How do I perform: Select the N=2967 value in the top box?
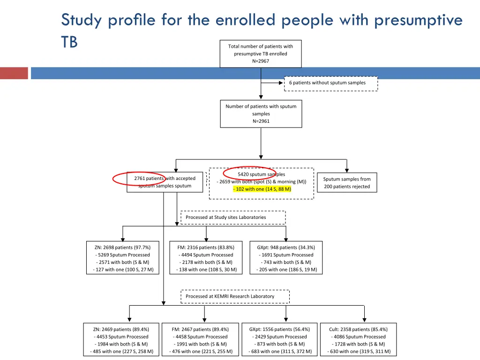(x=261, y=61)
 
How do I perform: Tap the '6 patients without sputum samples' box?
(x=331, y=83)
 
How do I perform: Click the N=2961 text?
(x=261, y=121)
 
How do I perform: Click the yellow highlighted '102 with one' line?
(x=262, y=189)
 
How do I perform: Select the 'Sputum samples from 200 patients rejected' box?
(x=346, y=183)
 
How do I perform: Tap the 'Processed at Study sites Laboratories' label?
(x=232, y=217)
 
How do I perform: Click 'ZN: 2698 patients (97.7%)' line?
(x=122, y=247)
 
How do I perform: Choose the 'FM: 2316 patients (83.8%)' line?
(x=206, y=247)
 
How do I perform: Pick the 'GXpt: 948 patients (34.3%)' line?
(x=286, y=247)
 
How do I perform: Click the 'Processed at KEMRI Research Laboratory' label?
(x=234, y=296)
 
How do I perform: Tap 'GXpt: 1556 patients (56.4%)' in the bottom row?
(x=279, y=329)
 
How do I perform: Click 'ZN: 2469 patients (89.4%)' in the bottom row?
(x=121, y=329)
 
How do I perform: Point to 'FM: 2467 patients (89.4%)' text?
(x=200, y=329)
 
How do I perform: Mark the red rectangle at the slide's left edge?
(x=14, y=73)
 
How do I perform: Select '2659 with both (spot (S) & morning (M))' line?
(x=262, y=182)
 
